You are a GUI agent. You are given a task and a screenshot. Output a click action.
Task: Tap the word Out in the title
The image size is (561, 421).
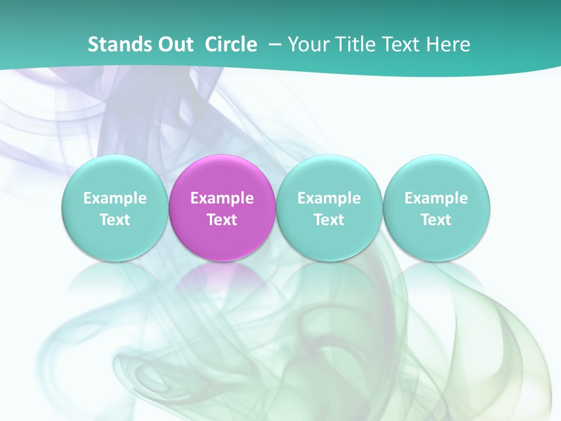(x=174, y=44)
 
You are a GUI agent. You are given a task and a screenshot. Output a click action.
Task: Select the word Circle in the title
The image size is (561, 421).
(x=231, y=44)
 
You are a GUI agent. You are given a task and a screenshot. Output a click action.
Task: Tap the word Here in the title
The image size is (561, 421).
(x=449, y=44)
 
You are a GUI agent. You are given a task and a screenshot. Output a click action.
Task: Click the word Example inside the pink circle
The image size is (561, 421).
(x=222, y=198)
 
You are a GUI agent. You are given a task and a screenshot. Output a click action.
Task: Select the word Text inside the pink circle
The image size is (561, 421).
(x=222, y=220)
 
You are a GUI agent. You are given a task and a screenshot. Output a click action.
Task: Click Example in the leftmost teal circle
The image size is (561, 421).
(x=115, y=198)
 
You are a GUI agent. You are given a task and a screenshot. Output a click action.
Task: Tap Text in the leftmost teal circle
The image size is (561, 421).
(x=115, y=220)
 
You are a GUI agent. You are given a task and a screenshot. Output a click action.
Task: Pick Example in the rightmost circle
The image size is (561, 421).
(x=436, y=198)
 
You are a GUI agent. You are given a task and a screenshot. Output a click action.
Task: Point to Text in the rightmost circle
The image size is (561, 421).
(x=436, y=220)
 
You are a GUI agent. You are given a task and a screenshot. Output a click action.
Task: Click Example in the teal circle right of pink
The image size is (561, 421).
(x=329, y=198)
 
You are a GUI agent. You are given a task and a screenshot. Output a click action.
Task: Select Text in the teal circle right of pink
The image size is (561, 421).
(x=329, y=220)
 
